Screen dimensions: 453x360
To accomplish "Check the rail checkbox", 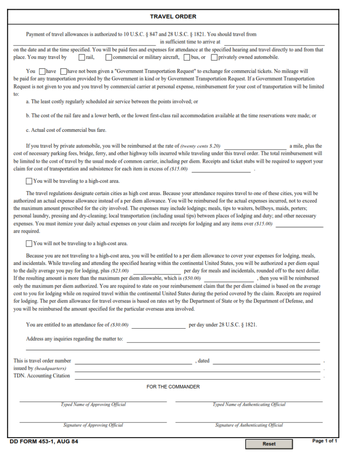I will pos(82,57).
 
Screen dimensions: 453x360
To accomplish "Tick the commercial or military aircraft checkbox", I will pos(109,57).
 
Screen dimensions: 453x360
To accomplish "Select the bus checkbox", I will pos(187,57).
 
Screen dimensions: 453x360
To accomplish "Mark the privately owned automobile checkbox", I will pos(214,57).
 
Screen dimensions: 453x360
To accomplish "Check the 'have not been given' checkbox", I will pos(63,71).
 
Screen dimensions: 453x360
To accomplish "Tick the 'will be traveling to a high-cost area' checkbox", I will pos(29,181).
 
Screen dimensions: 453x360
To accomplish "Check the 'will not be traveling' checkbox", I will pos(29,243).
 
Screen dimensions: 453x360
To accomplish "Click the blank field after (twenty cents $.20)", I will pos(255,146).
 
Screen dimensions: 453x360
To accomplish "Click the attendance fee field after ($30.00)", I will pos(159,325).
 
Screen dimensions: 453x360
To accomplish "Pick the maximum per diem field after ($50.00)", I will pos(228,278).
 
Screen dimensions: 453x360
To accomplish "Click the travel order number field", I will pos(133,361).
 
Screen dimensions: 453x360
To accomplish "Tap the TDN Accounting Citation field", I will pos(197,376).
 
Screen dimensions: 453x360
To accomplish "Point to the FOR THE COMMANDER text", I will pos(173,387).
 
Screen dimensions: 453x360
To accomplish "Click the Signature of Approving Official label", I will pos(93,425).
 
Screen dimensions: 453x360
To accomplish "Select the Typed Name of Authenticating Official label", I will pos(249,404).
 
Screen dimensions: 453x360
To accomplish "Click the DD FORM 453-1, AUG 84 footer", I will pos(44,441).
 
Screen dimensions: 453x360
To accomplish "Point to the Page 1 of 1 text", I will pos(325,441).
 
